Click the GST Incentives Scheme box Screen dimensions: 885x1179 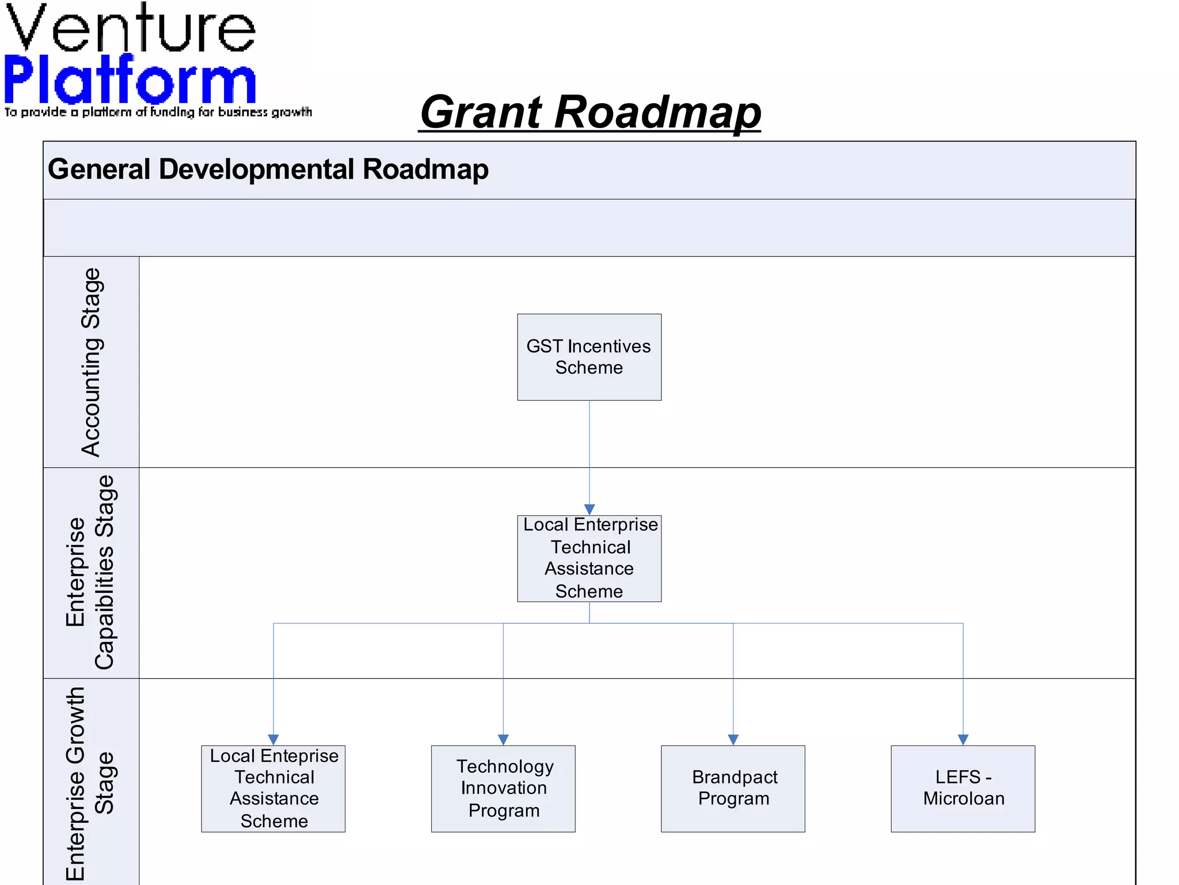(x=589, y=357)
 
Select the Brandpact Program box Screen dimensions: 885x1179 (x=733, y=788)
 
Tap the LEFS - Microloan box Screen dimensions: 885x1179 (x=963, y=788)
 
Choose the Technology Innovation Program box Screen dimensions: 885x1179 (x=503, y=788)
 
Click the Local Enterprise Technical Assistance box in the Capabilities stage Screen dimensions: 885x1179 (x=589, y=558)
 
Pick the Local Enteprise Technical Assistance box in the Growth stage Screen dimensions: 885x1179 (x=273, y=788)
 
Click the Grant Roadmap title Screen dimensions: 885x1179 (x=590, y=112)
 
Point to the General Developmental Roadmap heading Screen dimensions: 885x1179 (x=268, y=169)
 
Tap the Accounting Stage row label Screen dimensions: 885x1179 (x=91, y=362)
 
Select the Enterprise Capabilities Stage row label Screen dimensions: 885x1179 (x=91, y=572)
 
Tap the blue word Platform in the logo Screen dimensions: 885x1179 (x=130, y=81)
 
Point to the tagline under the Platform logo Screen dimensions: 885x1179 (x=158, y=112)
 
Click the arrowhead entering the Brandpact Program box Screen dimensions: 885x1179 (x=733, y=740)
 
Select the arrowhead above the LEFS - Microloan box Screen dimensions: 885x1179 (x=963, y=740)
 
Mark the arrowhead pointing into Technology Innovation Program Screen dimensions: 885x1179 (x=503, y=740)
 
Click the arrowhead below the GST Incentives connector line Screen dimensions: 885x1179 (x=589, y=509)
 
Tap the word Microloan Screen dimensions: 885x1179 (x=964, y=799)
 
